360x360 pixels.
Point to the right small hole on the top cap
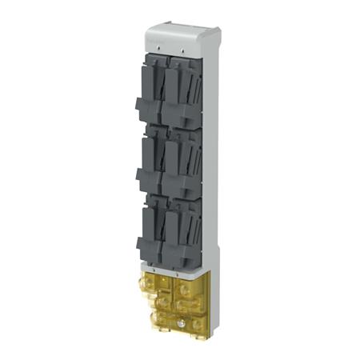181,57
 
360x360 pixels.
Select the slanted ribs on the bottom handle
189,228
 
